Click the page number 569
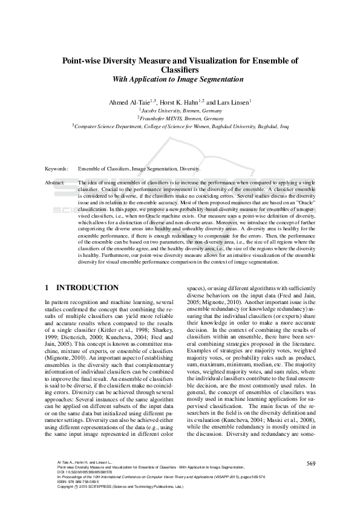click(x=310, y=462)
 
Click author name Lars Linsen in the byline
click(x=233, y=103)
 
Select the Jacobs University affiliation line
click(x=180, y=111)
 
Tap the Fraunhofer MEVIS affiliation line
click(x=180, y=118)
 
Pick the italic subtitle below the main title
click(x=180, y=79)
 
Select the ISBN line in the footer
click(x=79, y=481)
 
